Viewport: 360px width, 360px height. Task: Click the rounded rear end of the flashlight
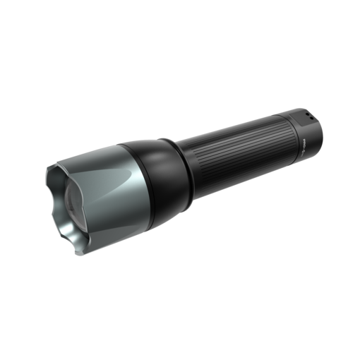coord(319,126)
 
